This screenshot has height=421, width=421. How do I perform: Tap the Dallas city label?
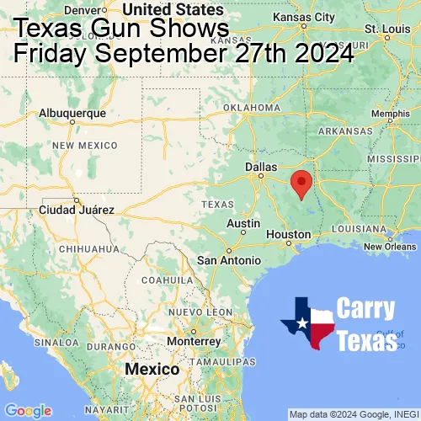click(261, 168)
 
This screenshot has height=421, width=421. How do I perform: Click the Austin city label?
click(243, 223)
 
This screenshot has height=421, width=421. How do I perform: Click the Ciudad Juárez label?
click(74, 209)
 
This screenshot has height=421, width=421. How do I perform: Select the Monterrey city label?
click(194, 341)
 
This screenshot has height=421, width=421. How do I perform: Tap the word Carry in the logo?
click(365, 308)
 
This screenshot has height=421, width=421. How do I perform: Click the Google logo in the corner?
click(28, 410)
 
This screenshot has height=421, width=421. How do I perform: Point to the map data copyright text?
click(353, 414)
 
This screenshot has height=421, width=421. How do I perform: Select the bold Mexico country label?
click(152, 370)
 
